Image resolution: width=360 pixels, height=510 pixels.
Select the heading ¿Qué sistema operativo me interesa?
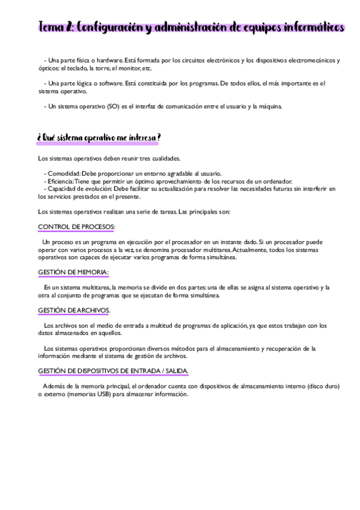coord(99,138)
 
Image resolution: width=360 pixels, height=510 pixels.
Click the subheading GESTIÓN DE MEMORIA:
coord(73,272)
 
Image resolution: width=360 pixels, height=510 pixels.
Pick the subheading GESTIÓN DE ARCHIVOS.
coord(73,310)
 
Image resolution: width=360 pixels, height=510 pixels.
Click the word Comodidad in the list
coord(63,173)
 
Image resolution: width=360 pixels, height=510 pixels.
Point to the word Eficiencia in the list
coord(61,180)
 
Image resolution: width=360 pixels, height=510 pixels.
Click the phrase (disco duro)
coord(322,386)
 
